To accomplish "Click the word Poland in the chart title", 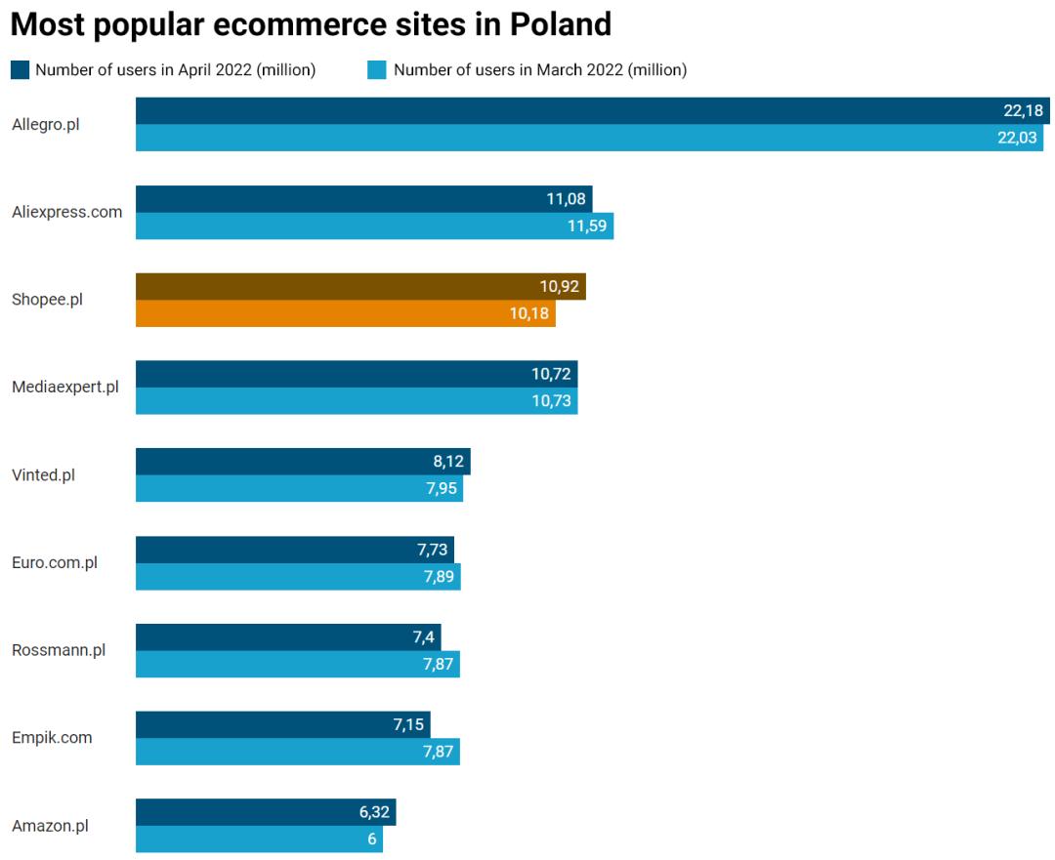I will tap(560, 23).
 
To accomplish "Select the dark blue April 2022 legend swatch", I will tap(20, 69).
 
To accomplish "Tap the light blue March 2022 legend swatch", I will tap(376, 69).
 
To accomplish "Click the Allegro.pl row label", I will tap(45, 124).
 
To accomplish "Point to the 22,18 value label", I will tap(1023, 110).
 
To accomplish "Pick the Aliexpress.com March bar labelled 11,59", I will tap(374, 225).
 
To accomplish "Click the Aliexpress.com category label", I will tap(67, 212).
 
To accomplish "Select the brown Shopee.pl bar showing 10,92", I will tap(360, 286).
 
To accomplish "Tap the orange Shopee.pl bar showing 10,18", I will tap(345, 313).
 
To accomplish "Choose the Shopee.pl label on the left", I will tap(47, 300).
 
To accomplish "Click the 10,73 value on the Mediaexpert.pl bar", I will tap(551, 401).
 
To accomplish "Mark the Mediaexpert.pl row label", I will tap(65, 388).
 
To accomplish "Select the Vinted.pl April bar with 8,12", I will tap(303, 462).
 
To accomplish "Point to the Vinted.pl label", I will tap(43, 475).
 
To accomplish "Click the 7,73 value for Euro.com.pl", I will tap(432, 550).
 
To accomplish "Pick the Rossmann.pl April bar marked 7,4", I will tap(288, 637).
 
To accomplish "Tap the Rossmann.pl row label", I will tap(59, 650).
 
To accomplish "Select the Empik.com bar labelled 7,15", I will tap(283, 724).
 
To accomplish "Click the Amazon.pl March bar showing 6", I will tap(259, 839).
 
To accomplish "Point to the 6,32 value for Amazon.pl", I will tap(374, 812).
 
